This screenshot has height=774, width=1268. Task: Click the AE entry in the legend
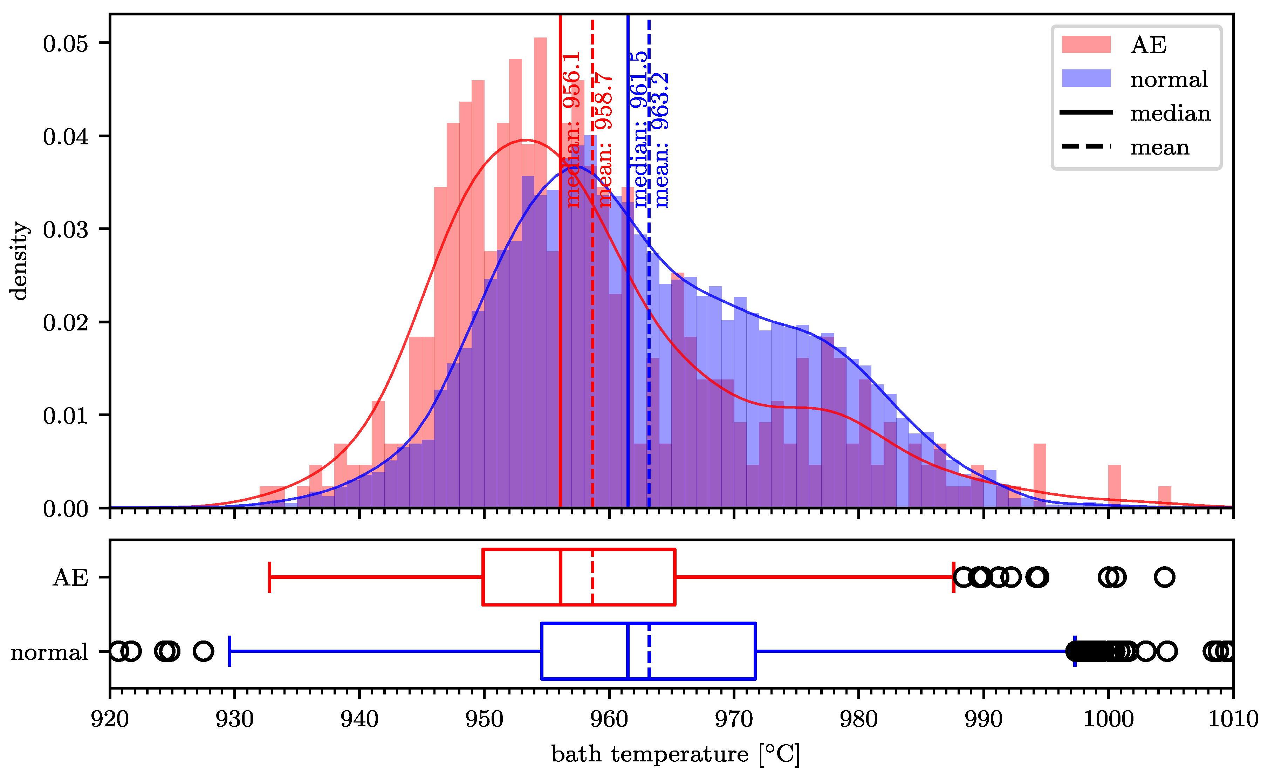click(1147, 45)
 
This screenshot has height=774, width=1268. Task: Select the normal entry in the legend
click(1168, 79)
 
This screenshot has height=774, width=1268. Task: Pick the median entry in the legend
click(1170, 113)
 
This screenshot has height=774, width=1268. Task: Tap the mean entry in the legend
click(1159, 148)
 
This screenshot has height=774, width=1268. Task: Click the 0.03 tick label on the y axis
click(66, 230)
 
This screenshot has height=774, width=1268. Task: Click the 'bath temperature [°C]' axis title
click(675, 754)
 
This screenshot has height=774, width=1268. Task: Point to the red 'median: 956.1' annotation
click(571, 130)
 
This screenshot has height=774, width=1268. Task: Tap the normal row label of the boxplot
click(49, 652)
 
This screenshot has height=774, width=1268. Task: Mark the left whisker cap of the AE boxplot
click(270, 577)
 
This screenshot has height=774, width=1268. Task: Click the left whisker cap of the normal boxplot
click(229, 651)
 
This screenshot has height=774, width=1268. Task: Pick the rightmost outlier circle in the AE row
click(1164, 577)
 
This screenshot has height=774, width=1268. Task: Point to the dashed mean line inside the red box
click(592, 577)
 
